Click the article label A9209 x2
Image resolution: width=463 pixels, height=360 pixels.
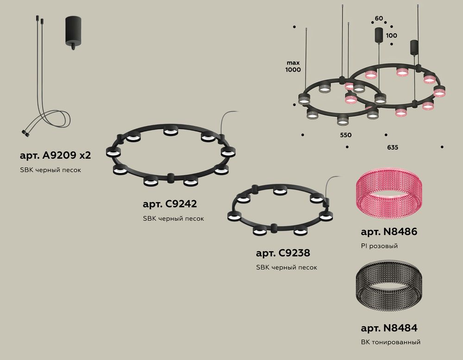[55, 155]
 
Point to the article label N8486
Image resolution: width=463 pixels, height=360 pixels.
[388, 232]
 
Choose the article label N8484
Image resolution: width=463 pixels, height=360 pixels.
[388, 328]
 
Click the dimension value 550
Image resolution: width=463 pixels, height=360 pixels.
[345, 135]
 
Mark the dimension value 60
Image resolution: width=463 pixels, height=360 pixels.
[379, 19]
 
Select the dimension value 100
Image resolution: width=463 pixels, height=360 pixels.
[391, 35]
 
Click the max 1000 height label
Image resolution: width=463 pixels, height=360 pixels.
[293, 66]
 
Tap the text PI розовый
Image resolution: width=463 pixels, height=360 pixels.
[379, 246]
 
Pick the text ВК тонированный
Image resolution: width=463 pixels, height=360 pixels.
[390, 342]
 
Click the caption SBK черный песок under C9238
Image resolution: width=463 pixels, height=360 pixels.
[286, 267]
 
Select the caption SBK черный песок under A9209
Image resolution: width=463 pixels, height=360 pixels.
[50, 170]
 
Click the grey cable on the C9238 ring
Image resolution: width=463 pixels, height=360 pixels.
[332, 183]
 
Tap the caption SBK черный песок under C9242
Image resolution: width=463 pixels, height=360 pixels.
[173, 218]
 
